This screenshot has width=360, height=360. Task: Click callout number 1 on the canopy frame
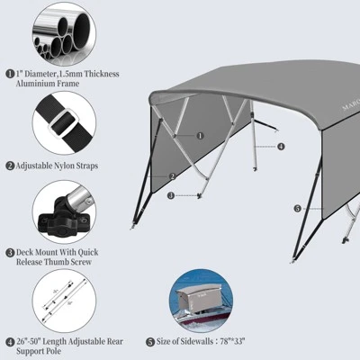pyautogui.click(x=200, y=135)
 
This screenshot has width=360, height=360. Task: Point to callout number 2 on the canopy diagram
pyautogui.click(x=172, y=175)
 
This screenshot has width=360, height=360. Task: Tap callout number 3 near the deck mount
pyautogui.click(x=171, y=195)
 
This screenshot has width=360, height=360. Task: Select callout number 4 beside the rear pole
pyautogui.click(x=281, y=146)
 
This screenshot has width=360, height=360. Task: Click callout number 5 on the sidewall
pyautogui.click(x=298, y=208)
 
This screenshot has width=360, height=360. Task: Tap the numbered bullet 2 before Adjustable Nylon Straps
pyautogui.click(x=10, y=166)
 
